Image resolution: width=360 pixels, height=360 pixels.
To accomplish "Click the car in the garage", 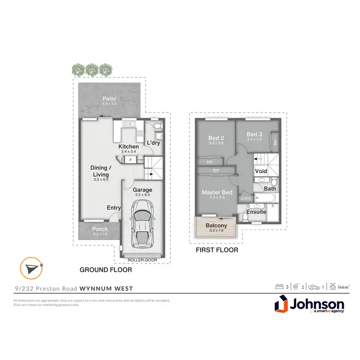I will click(143, 222).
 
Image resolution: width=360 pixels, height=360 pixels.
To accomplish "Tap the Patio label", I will click(109, 99).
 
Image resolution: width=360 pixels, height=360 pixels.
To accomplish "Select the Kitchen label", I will click(129, 146).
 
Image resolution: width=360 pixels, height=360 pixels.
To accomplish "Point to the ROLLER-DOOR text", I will click(143, 259).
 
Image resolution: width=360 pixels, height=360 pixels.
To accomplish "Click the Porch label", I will click(100, 229).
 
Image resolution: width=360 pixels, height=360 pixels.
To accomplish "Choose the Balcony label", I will click(216, 226).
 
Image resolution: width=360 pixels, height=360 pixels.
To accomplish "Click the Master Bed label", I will click(217, 192).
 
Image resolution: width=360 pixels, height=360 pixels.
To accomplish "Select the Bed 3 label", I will click(254, 134).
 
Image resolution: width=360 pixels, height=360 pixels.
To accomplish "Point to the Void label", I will click(261, 171).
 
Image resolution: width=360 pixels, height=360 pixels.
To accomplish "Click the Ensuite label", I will click(256, 212).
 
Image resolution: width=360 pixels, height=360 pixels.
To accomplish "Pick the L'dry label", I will click(153, 143).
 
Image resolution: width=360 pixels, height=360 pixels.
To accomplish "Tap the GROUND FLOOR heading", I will click(106, 270).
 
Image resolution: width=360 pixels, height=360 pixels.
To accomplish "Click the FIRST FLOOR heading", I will click(216, 250).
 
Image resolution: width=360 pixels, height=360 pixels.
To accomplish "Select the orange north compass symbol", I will click(30, 267).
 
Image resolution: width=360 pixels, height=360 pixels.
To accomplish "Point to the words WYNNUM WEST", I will click(107, 288).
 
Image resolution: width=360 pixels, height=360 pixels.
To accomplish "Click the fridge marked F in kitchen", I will click(131, 160).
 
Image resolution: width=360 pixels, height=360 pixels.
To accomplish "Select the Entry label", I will click(114, 207).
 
